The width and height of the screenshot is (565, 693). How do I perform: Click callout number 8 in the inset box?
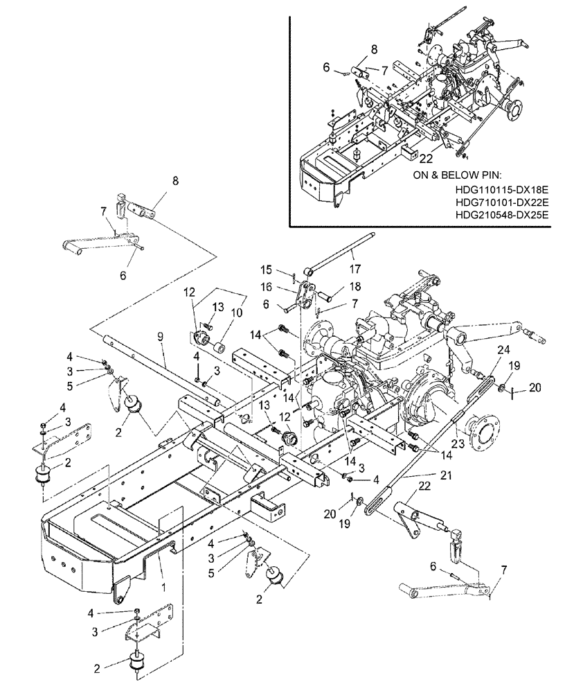tap(374, 49)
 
